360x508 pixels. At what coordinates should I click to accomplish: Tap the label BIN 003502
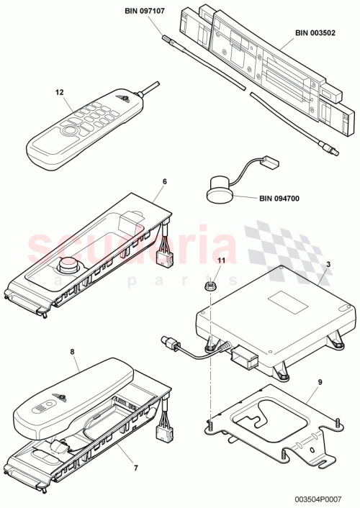tap(320, 33)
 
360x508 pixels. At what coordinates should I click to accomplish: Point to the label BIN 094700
tap(283, 199)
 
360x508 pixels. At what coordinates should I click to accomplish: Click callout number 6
tap(164, 181)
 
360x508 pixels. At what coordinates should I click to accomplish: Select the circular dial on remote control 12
tap(70, 132)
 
